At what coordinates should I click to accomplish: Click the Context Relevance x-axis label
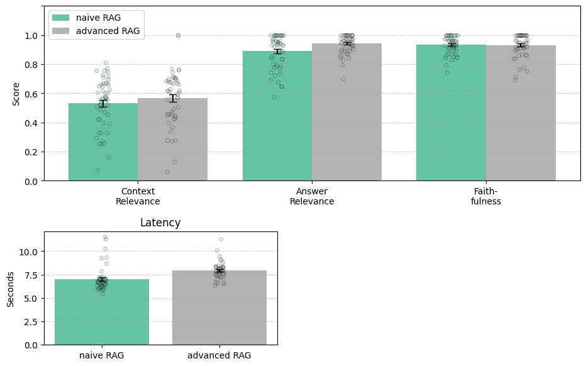pyautogui.click(x=138, y=196)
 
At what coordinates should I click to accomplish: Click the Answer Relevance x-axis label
pyautogui.click(x=312, y=196)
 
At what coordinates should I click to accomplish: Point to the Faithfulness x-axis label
pyautogui.click(x=486, y=196)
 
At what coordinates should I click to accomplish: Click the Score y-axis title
pyautogui.click(x=16, y=94)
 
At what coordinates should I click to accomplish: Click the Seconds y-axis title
pyautogui.click(x=11, y=288)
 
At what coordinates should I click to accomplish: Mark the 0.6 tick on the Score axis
pyautogui.click(x=31, y=94)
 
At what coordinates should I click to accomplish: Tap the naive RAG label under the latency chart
pyautogui.click(x=102, y=355)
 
